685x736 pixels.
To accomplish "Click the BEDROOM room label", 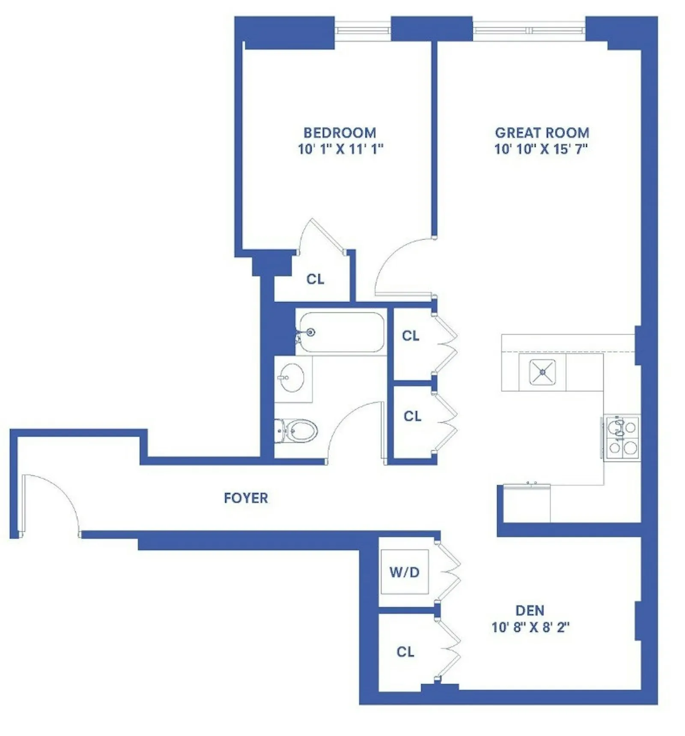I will click(340, 133).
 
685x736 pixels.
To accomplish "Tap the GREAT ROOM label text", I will click(542, 133).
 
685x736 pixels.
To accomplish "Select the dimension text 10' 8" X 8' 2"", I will click(530, 627).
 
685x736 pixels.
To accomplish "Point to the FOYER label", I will click(246, 498).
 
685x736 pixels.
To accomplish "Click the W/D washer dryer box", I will click(404, 571).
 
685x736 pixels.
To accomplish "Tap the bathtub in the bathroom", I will click(341, 332).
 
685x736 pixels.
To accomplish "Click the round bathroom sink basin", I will click(292, 378).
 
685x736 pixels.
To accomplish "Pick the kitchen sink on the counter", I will click(542, 372).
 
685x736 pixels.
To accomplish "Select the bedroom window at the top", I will click(362, 30).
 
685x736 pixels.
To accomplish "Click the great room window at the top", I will click(529, 30).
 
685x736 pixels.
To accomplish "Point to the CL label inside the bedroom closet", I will click(315, 279).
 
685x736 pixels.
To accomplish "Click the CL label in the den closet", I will click(405, 652).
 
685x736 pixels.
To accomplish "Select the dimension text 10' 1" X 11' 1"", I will click(340, 149).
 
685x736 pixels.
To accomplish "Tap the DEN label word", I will click(530, 610).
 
